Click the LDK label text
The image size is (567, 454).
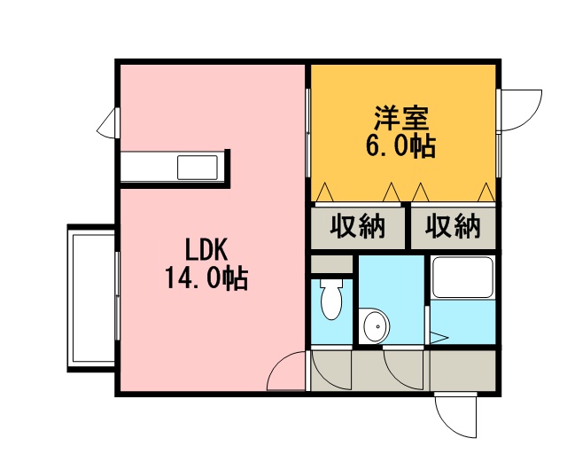[206, 249]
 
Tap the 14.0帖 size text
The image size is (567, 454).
[206, 278]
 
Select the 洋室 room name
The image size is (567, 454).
[401, 118]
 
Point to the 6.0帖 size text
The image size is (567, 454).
[401, 145]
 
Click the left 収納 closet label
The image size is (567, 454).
[357, 226]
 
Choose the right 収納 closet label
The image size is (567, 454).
[453, 226]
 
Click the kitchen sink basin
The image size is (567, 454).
[197, 168]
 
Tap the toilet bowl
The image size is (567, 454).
[331, 299]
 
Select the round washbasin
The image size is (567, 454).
[377, 326]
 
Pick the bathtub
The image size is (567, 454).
[462, 277]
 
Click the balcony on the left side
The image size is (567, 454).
[92, 298]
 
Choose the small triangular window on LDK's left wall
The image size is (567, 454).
[108, 122]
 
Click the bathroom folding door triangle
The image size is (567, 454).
[439, 338]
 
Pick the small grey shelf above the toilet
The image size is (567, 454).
[331, 264]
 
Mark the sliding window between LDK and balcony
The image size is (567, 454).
[117, 296]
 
